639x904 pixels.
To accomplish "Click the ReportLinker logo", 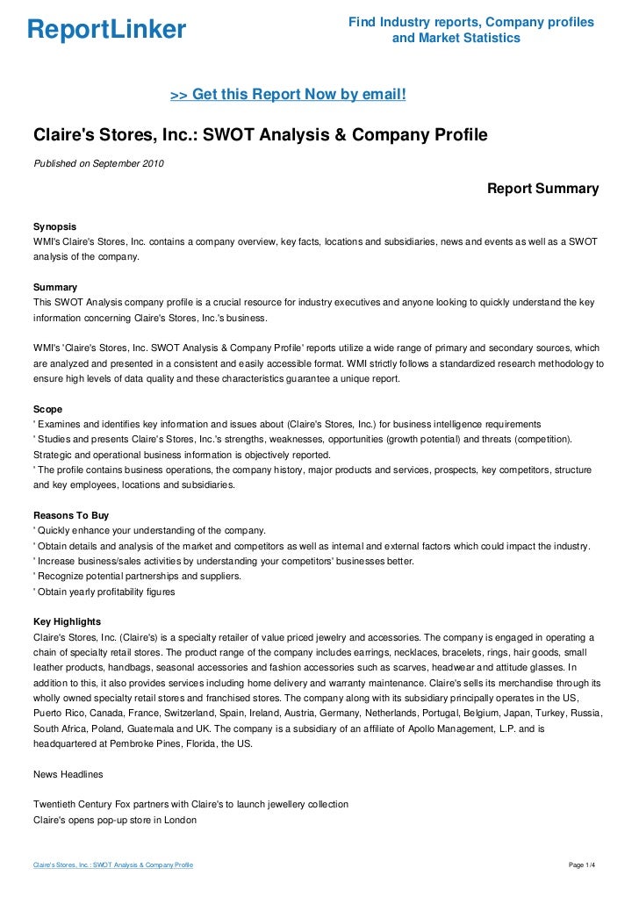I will click(107, 30).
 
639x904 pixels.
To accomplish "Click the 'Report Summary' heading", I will click(542, 189).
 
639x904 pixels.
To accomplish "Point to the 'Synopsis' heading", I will click(54, 226).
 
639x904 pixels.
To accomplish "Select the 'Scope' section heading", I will click(47, 409).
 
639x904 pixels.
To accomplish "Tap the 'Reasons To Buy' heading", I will click(70, 515).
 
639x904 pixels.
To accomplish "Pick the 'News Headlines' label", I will click(68, 774).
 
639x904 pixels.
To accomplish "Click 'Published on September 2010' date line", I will click(97, 163).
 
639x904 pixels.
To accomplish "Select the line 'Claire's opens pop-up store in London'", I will click(114, 820).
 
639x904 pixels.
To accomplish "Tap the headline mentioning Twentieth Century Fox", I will click(190, 804).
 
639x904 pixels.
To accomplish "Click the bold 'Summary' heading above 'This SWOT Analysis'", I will click(54, 287).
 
